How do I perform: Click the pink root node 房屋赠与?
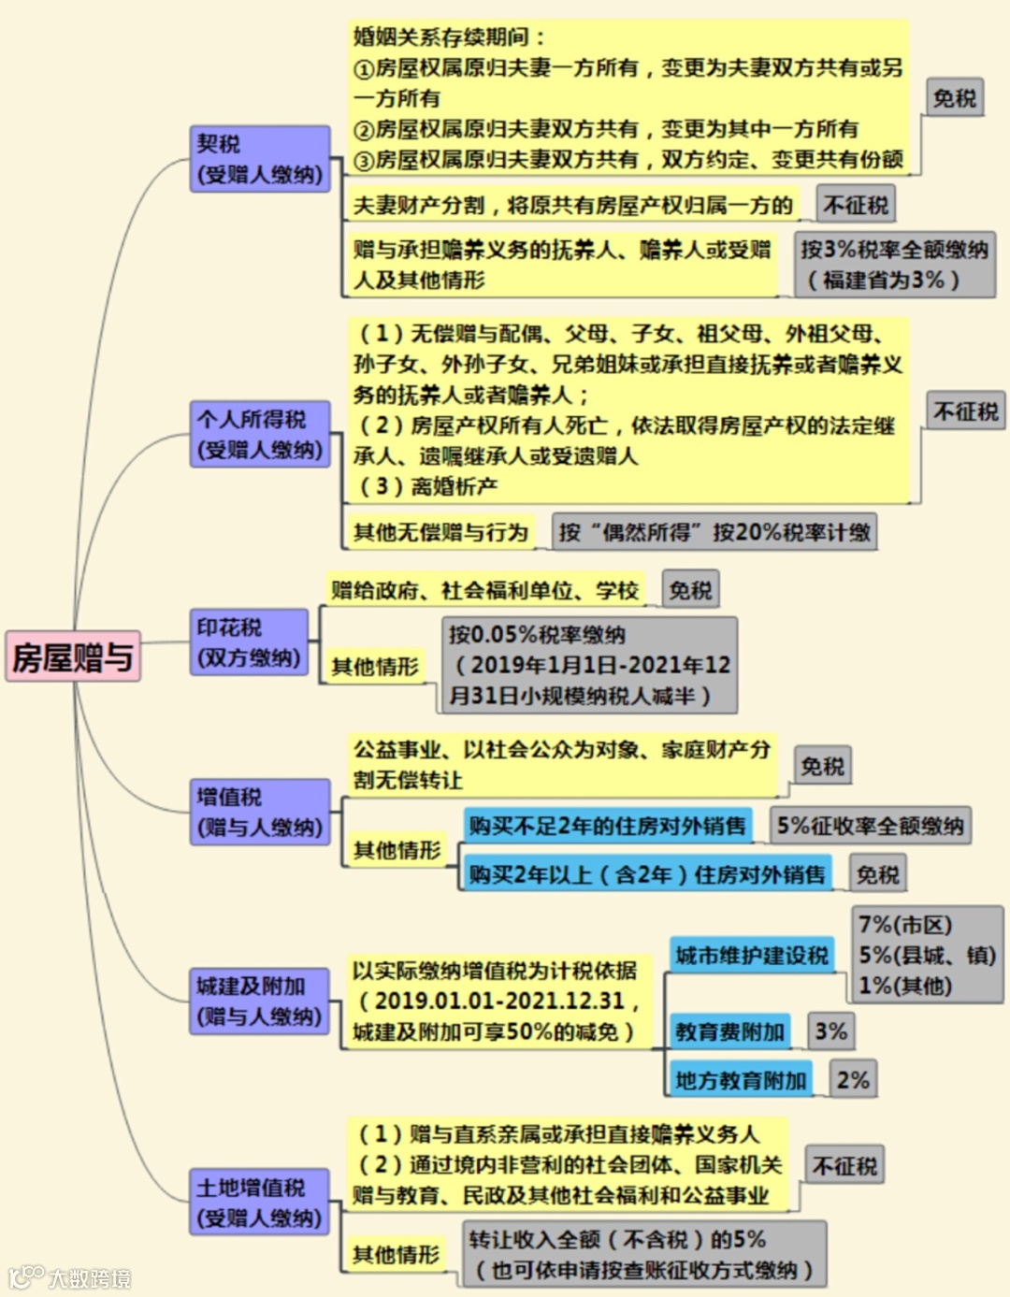click(73, 656)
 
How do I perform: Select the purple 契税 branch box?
click(259, 159)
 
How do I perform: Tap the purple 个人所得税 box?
click(259, 434)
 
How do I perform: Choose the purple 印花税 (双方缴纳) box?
click(249, 641)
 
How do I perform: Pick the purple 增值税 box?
click(259, 812)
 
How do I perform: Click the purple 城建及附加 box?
click(259, 1001)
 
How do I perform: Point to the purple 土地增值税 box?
click(259, 1202)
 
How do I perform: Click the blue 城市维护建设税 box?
click(751, 956)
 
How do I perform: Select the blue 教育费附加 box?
click(729, 1031)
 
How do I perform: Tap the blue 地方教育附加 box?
click(740, 1080)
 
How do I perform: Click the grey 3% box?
click(830, 1031)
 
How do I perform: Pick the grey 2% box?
click(853, 1080)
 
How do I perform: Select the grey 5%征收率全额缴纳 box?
click(870, 826)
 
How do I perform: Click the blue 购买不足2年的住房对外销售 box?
click(607, 826)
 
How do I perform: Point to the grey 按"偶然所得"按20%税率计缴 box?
click(714, 532)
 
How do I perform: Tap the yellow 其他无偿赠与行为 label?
click(440, 532)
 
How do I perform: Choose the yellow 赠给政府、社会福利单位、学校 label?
click(484, 590)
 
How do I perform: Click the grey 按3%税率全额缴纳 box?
click(894, 264)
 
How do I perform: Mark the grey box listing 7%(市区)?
click(927, 955)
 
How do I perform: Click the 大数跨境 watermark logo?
click(70, 1277)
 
